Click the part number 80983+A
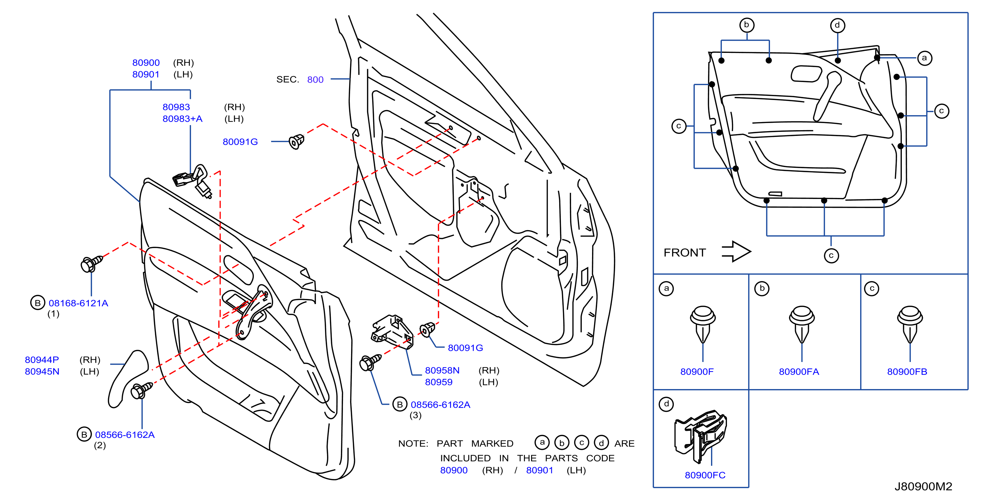point(182,119)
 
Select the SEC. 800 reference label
point(300,79)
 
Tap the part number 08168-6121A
point(78,303)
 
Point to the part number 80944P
point(42,360)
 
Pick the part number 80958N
point(442,370)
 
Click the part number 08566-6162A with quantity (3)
point(441,405)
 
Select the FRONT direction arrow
point(736,252)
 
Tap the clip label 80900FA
point(799,371)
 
